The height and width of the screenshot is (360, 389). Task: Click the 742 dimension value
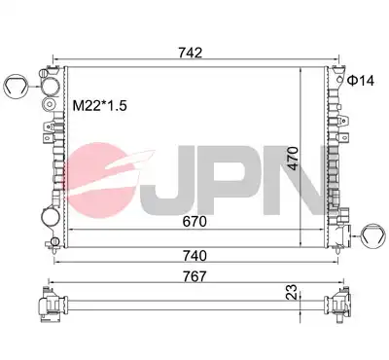[191, 53]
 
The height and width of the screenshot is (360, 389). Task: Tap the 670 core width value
[194, 222]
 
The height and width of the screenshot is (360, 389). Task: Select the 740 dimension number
[194, 256]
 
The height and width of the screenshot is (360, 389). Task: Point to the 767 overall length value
[194, 276]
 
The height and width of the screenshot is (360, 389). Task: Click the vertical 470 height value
[294, 159]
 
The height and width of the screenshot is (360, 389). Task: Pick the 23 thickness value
[292, 291]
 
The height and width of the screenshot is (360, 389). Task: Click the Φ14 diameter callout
[361, 81]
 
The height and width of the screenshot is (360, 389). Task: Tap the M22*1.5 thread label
[99, 106]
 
